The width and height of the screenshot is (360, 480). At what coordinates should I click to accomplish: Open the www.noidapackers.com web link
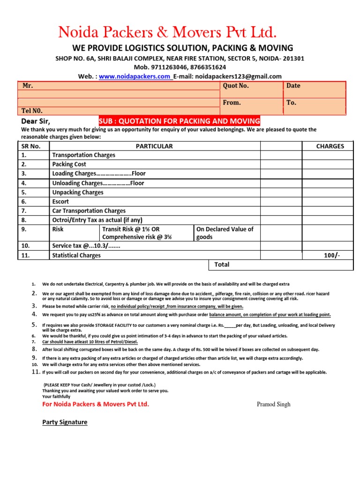click(135, 76)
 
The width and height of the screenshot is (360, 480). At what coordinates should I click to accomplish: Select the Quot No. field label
click(236, 86)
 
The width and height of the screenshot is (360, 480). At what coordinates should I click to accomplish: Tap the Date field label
click(293, 86)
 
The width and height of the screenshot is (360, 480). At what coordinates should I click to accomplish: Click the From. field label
click(232, 102)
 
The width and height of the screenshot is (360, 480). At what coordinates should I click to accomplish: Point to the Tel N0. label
click(32, 111)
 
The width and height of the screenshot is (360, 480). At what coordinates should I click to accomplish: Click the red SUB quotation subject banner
click(179, 121)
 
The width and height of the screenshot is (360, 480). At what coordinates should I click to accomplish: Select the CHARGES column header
click(330, 146)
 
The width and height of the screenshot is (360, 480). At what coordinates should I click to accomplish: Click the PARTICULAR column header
click(154, 146)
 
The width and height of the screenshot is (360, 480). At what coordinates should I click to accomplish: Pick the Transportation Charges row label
click(83, 155)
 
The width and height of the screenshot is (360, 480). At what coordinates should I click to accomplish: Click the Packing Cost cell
click(69, 165)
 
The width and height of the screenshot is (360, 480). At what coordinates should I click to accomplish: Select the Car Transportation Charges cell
click(89, 211)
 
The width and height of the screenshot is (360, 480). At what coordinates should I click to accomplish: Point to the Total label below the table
click(222, 264)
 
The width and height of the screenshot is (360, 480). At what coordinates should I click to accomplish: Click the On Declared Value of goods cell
click(225, 233)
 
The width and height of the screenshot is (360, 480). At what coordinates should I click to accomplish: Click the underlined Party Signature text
click(65, 422)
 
